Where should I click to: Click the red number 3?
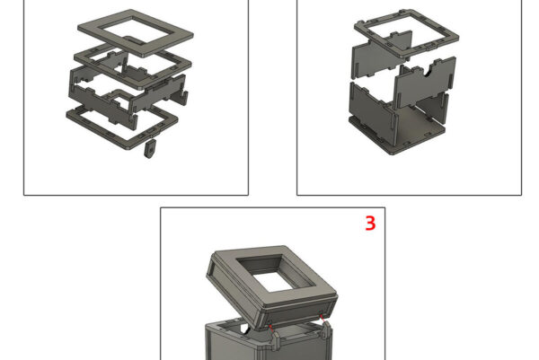coord(370,224)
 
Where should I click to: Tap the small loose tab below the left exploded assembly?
coord(150,148)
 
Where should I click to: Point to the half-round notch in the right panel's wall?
coord(429,72)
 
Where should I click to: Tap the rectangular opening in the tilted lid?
coord(277,274)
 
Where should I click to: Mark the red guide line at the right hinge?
coord(322,319)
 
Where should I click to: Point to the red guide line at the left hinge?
coord(271,328)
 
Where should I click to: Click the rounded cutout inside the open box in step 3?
coord(245,328)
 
